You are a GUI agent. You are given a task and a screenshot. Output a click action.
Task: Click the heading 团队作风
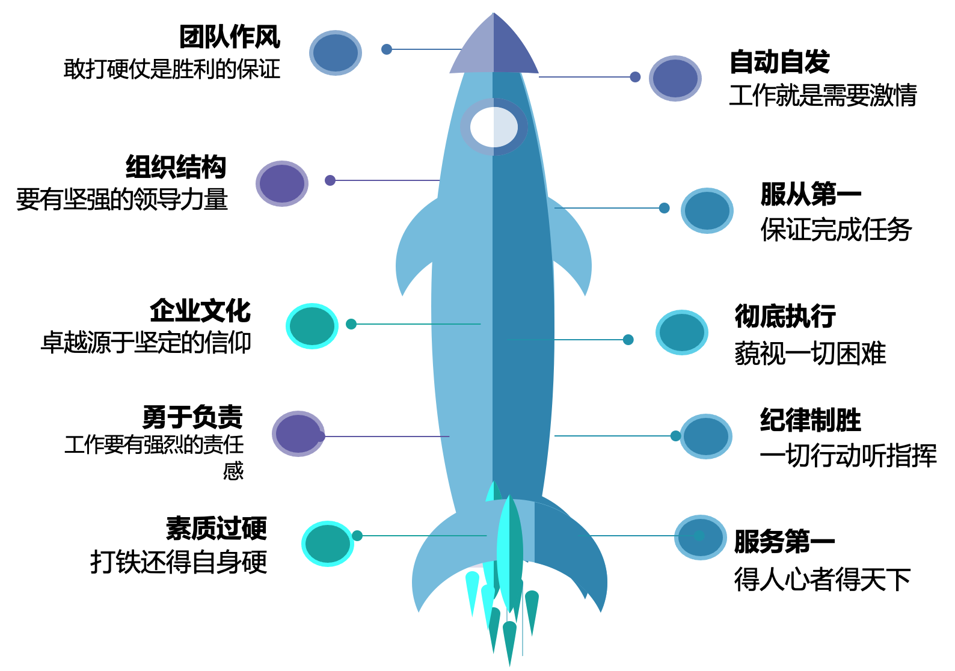pyautogui.click(x=230, y=37)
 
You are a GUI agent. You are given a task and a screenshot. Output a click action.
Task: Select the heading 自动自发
pyautogui.click(x=779, y=62)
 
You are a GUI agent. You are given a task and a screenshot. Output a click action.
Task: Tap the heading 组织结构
pyautogui.click(x=176, y=167)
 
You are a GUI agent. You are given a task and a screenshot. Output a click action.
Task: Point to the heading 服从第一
pyautogui.click(x=811, y=194)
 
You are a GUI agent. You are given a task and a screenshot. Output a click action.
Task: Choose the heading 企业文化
pyautogui.click(x=200, y=311)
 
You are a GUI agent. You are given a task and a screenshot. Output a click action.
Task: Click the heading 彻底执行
pyautogui.click(x=785, y=316)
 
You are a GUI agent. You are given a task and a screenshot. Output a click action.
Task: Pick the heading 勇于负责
pyautogui.click(x=192, y=417)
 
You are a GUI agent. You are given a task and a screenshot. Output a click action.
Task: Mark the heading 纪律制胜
pyautogui.click(x=810, y=420)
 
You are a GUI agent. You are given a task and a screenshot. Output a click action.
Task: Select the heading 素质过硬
pyautogui.click(x=216, y=529)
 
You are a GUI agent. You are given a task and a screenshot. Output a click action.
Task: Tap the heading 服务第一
pyautogui.click(x=784, y=541)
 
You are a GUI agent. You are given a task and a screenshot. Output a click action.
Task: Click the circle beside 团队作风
pyautogui.click(x=336, y=53)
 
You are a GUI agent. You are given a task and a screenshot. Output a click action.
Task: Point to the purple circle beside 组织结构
pyautogui.click(x=282, y=183)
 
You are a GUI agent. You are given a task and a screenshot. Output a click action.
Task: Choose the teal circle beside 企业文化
pyautogui.click(x=312, y=326)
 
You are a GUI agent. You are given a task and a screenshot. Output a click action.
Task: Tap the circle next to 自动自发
pyautogui.click(x=675, y=79)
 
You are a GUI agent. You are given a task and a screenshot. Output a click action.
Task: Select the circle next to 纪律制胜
pyautogui.click(x=706, y=437)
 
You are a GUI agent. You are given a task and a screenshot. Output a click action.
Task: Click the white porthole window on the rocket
pyautogui.click(x=494, y=127)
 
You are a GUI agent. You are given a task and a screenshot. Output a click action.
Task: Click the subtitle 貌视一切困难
pyautogui.click(x=810, y=354)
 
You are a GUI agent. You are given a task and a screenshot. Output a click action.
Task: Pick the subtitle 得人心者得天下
pyautogui.click(x=822, y=580)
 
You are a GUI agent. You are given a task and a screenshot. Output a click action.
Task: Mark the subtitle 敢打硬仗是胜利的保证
pyautogui.click(x=172, y=69)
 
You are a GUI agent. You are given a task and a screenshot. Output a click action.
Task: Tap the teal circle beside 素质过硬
pyautogui.click(x=328, y=544)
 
